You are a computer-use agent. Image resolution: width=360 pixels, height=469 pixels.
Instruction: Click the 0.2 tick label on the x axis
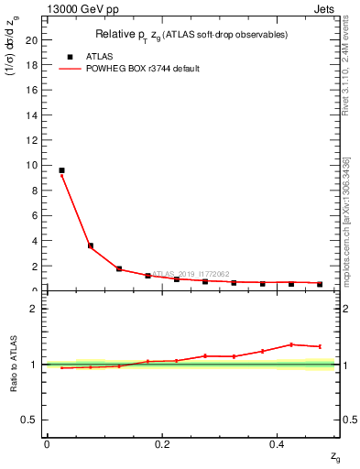click(x=162, y=444)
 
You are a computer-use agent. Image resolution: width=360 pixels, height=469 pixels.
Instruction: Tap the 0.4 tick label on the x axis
click(x=278, y=444)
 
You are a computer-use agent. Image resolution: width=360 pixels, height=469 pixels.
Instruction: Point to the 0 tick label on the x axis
click(x=47, y=444)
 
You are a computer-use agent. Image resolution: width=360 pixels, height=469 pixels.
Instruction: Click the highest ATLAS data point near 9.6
click(x=61, y=170)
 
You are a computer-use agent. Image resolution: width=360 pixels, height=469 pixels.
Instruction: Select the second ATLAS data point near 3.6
click(x=90, y=245)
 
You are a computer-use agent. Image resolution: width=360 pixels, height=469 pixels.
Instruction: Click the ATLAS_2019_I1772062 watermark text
click(x=191, y=273)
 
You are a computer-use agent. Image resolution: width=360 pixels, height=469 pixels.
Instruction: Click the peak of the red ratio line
click(x=291, y=344)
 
